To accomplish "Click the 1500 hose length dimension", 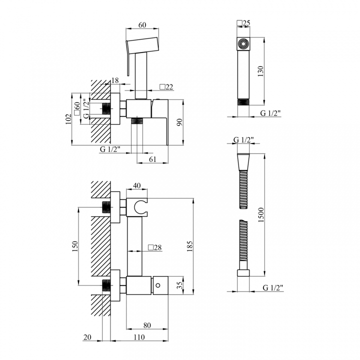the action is [x=261, y=214].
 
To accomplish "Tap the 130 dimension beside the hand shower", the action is [x=260, y=71].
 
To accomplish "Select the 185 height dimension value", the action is [x=190, y=246].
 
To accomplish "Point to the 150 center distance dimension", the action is [x=75, y=246].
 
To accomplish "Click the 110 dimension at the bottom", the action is [x=139, y=337].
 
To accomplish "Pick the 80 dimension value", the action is [x=147, y=325].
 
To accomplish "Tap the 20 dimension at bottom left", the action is [x=87, y=337].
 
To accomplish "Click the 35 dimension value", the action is [x=180, y=285].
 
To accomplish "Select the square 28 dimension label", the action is [x=155, y=247].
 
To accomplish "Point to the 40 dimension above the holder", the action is [x=137, y=185].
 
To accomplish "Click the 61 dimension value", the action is [x=152, y=159].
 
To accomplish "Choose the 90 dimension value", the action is [x=180, y=122].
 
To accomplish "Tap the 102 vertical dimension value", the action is [x=68, y=119].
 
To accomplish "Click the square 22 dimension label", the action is [x=166, y=87].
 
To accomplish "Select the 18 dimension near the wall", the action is [x=115, y=80].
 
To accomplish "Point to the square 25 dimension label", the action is [x=243, y=23].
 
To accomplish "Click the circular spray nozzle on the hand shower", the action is [x=243, y=43].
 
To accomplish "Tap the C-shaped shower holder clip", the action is [x=138, y=207].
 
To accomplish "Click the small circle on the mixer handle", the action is [x=157, y=285].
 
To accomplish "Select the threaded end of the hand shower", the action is [x=243, y=102].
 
